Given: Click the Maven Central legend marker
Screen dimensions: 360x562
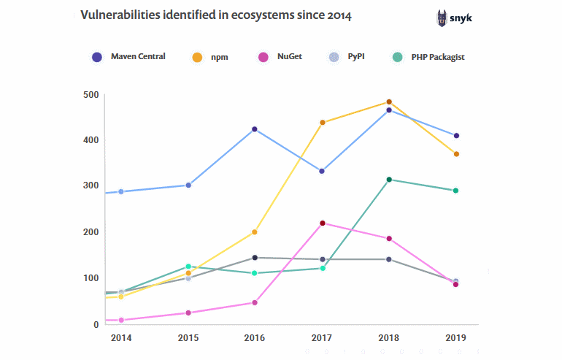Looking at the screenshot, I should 97,56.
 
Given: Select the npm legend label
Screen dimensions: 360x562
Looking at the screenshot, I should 218,57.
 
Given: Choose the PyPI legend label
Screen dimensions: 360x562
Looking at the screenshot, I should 357,57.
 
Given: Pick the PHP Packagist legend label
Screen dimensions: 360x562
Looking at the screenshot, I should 437,57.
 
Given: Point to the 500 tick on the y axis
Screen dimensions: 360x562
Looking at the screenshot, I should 91,95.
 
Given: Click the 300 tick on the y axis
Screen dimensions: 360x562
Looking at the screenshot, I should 91,186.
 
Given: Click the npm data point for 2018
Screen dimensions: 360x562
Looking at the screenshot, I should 389,102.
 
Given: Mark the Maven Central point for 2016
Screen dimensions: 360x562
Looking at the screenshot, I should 255,129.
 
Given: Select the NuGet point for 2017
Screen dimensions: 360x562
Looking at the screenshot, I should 322,223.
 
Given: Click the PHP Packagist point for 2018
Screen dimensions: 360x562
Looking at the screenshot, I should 389,180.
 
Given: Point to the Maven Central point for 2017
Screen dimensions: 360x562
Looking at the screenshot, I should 322,171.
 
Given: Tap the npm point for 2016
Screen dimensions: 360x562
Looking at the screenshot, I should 255,232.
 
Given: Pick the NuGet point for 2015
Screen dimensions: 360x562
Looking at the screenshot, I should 188,313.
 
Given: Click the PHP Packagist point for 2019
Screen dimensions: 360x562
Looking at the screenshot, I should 456,191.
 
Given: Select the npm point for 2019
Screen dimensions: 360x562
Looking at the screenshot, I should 456,154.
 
